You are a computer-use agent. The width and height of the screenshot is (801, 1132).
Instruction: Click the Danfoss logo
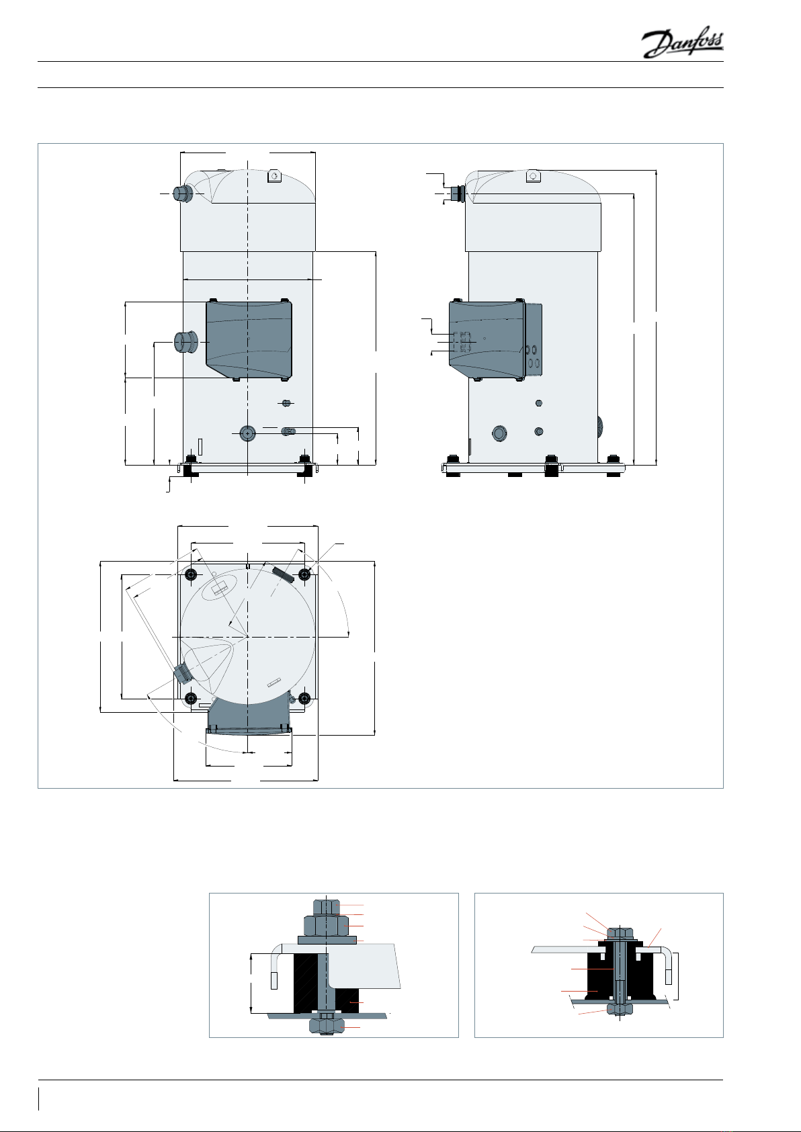(683, 44)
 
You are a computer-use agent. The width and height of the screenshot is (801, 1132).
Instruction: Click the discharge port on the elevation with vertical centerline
(182, 193)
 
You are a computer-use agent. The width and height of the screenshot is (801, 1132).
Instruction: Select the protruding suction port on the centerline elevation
(184, 342)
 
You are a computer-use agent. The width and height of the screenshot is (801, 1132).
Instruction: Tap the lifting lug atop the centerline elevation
(274, 176)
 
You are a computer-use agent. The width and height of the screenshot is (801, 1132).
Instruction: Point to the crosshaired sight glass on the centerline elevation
(248, 433)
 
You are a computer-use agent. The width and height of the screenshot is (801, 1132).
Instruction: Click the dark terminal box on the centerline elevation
(249, 340)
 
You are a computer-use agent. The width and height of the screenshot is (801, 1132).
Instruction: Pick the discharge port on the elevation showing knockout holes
(458, 193)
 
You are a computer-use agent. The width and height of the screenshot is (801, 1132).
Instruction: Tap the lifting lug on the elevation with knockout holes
(533, 175)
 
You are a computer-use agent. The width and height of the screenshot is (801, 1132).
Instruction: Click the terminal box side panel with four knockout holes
(534, 339)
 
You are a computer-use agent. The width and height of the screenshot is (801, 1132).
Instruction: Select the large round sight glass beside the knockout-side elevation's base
(499, 433)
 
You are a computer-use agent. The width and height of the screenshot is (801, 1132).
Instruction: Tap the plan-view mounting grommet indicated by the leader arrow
(304, 574)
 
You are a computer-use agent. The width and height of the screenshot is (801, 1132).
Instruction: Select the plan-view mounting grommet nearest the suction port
(191, 699)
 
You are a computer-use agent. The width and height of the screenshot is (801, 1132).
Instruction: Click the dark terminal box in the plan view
(249, 713)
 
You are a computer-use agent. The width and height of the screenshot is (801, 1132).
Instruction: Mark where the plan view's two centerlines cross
(248, 636)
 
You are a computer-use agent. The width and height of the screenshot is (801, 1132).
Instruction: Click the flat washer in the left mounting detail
(327, 939)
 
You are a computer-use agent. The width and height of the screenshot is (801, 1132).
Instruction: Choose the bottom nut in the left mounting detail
(327, 1025)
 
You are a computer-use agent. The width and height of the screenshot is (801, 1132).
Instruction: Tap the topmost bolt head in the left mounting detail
(327, 907)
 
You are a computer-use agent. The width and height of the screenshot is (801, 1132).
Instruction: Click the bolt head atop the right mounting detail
(620, 932)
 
